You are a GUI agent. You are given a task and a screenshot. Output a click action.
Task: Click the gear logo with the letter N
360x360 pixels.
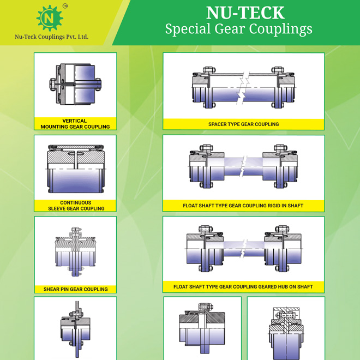50,18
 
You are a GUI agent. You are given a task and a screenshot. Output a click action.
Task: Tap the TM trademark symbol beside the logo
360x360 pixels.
65,6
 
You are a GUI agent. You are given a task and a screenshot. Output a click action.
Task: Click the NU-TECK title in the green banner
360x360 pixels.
245,13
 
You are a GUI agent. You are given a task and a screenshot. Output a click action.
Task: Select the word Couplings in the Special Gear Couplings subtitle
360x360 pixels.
280,29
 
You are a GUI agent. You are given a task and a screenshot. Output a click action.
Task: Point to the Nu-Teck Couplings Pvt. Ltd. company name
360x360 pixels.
52,37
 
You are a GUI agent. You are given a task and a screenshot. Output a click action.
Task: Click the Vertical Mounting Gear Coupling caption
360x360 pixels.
75,124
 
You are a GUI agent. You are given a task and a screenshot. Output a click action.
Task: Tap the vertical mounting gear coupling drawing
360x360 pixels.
75,84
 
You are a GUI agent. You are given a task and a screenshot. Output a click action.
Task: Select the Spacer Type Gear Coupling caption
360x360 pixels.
244,124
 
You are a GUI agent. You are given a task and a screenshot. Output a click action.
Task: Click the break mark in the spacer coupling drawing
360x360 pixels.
243,88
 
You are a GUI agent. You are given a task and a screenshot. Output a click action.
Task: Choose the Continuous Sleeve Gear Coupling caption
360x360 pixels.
76,206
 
